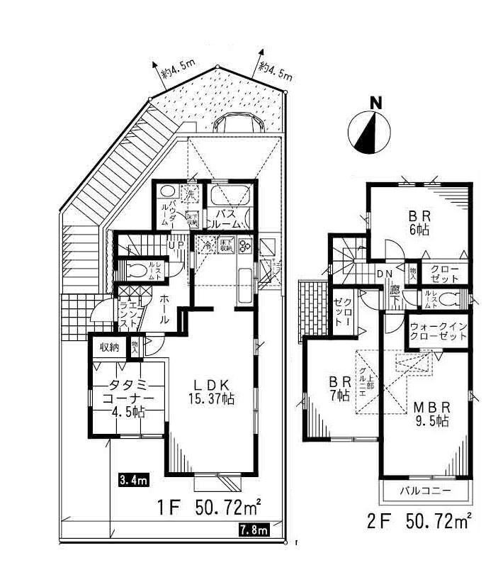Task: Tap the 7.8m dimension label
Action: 252,529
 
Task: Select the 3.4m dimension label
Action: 132,481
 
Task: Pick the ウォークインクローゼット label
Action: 438,332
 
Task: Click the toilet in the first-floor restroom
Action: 137,270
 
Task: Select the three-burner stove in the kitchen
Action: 247,247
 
